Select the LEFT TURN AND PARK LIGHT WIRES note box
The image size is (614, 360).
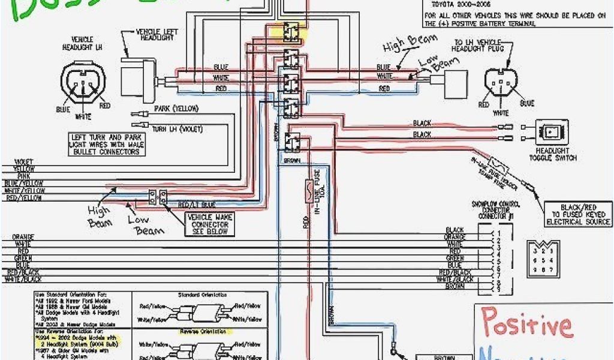(x=104, y=144)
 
